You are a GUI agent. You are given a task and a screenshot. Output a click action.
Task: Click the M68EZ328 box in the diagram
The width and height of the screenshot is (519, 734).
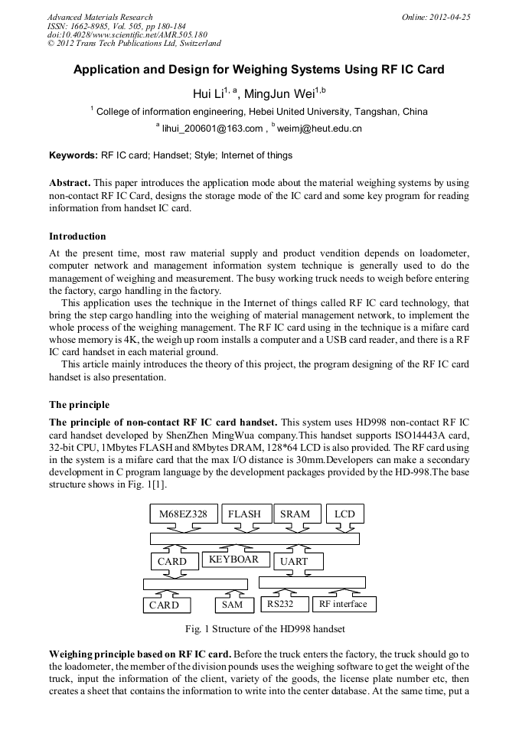[183, 514]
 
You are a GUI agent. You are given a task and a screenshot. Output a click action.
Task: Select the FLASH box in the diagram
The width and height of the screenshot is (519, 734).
[244, 514]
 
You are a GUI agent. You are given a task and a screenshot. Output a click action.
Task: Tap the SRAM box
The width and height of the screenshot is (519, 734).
[295, 514]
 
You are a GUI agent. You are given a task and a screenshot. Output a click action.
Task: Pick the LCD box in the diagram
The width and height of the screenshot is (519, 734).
[344, 514]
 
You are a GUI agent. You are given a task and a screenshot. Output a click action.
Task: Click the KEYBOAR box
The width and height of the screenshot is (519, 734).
[235, 559]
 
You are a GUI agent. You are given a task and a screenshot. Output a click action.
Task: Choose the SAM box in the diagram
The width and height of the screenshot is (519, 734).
[232, 605]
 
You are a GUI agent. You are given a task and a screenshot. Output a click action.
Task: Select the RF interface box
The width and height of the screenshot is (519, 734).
[343, 604]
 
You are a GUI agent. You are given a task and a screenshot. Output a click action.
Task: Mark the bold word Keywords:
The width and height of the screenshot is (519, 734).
[73, 155]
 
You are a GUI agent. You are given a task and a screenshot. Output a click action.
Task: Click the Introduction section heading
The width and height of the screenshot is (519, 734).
[77, 236]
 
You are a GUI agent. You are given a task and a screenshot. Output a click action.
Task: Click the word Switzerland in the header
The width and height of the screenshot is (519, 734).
[194, 44]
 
